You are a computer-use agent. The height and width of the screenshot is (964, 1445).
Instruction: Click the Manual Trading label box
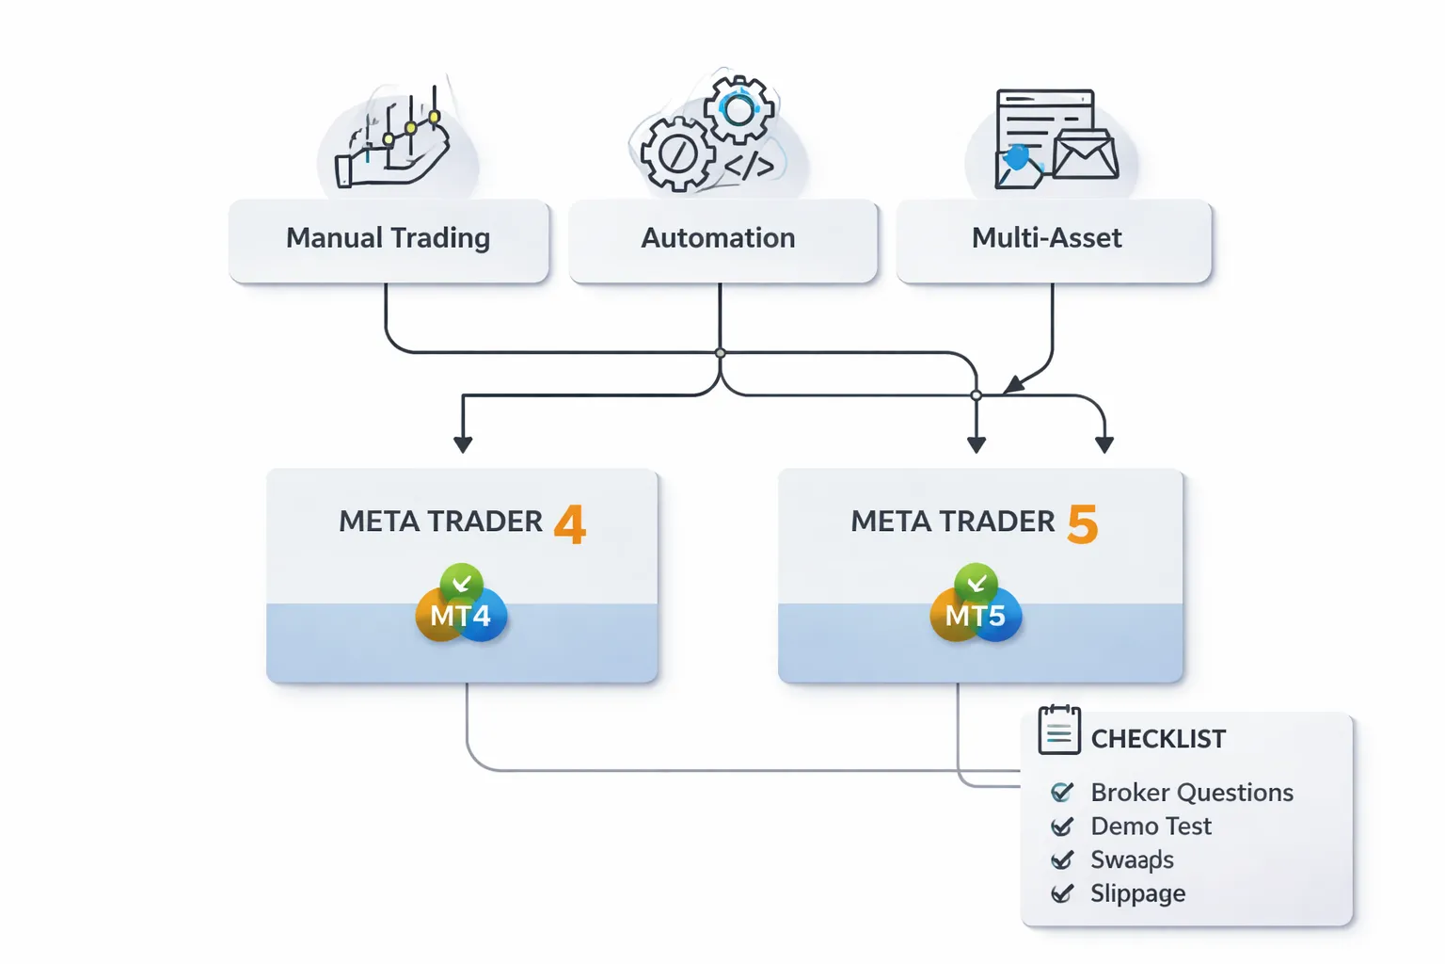tap(389, 239)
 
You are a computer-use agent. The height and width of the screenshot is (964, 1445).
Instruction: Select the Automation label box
tap(719, 239)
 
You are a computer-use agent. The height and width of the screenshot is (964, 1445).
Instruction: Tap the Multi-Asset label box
tap(1047, 239)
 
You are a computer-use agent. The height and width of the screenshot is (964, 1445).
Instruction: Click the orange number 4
tap(570, 524)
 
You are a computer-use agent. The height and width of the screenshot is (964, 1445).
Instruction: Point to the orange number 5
tap(1083, 524)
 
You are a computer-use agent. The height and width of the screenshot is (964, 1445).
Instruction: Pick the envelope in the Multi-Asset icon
tap(1085, 154)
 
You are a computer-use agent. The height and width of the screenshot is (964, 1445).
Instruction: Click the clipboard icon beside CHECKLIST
tap(1059, 731)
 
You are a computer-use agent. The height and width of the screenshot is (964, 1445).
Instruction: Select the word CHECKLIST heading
tap(1158, 740)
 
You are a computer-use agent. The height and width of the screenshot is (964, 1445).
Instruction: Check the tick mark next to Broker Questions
tap(1062, 793)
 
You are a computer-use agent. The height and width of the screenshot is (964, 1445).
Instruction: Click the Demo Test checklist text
tap(1151, 827)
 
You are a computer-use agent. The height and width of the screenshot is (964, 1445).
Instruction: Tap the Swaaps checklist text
tap(1132, 860)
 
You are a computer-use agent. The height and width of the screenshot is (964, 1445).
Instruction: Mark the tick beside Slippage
tap(1062, 893)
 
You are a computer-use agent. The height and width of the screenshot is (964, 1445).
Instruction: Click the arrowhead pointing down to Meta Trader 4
tap(463, 443)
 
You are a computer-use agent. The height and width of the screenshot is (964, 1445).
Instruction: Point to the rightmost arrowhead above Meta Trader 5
tap(1104, 443)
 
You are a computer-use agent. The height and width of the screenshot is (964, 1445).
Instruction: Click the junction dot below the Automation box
tap(720, 353)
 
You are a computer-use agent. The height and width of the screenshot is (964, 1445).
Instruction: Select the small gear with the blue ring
tap(739, 110)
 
